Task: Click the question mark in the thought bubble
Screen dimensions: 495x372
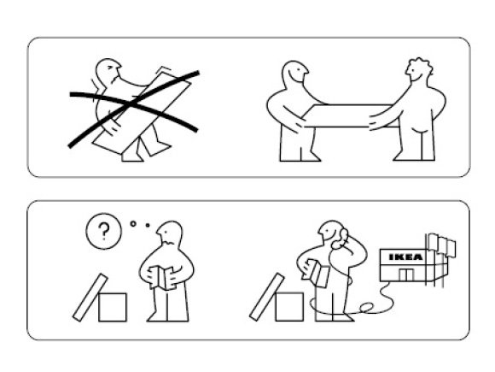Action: tap(103, 231)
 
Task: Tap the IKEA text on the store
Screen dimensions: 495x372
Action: tap(405, 257)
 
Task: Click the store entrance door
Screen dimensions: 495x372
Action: tap(406, 275)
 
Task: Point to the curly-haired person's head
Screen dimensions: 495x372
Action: tap(418, 70)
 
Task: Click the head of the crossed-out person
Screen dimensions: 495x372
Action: tap(108, 72)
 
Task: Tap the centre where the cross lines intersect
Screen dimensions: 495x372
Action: tap(132, 103)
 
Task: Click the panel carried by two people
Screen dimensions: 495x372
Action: tap(349, 115)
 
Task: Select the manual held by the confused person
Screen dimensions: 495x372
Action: tap(162, 278)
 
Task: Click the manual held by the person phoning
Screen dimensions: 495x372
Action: tap(317, 274)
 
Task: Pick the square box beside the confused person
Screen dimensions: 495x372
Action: tap(113, 307)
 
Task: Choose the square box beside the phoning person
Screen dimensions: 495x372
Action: tap(289, 307)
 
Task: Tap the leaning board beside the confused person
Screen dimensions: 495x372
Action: tap(90, 298)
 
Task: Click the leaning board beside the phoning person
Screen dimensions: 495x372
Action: tap(267, 297)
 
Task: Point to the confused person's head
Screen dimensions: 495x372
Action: tap(170, 233)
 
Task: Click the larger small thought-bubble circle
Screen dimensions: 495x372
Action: tap(133, 224)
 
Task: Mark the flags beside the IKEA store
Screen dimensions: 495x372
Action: tap(441, 243)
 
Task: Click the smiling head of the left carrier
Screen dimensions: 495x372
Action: tap(294, 73)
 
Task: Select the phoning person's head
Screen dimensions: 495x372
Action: tap(331, 233)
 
